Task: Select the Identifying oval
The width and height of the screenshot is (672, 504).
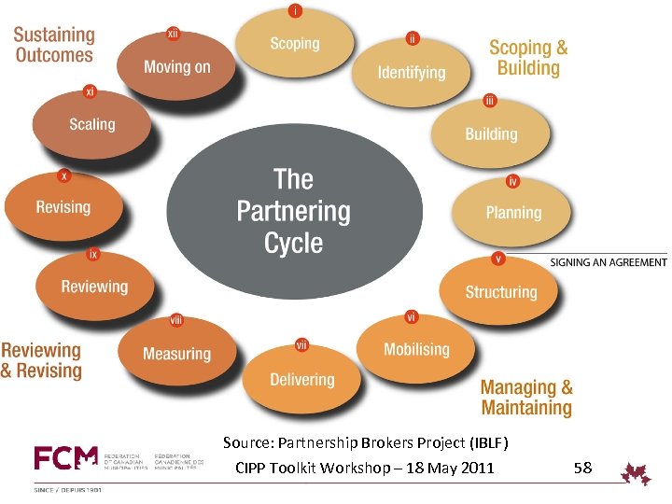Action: [x=412, y=72]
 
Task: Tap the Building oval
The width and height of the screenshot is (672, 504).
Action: [x=491, y=133]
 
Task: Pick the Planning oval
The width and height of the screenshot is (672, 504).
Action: [x=512, y=212]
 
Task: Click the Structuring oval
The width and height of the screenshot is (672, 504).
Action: [x=500, y=291]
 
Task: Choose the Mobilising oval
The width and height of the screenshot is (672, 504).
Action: [x=416, y=349]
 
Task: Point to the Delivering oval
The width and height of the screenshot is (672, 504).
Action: [x=301, y=379]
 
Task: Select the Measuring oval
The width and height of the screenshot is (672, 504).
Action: [x=176, y=353]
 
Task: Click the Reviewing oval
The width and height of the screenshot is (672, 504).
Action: [x=94, y=287]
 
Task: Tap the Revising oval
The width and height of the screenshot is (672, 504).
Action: [x=63, y=207]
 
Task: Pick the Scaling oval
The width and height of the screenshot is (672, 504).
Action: [x=91, y=124]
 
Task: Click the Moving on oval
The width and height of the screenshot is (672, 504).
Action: [x=176, y=66]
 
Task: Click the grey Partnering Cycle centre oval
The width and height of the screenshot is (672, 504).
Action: [x=293, y=211]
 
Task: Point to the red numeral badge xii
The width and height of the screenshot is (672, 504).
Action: [x=173, y=33]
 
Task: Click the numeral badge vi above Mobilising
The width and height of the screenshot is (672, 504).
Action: [x=411, y=317]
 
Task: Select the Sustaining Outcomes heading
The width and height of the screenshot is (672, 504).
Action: [x=54, y=45]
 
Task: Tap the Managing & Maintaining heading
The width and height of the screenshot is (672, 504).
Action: [x=526, y=397]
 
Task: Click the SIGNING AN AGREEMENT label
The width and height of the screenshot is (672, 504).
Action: [x=608, y=262]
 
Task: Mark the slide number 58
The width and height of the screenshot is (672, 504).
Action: [x=582, y=466]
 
